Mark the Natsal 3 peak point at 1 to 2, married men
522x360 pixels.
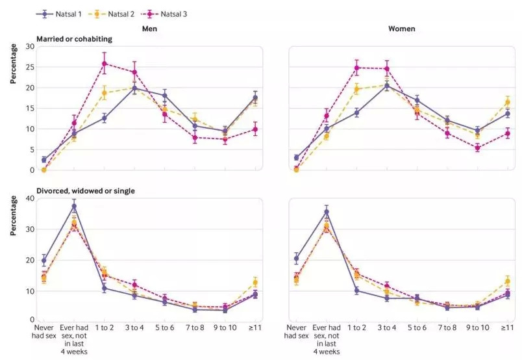(104, 64)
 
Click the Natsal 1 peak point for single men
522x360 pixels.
(74, 207)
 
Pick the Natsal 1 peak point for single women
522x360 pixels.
(327, 212)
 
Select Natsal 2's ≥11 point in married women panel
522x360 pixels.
(508, 102)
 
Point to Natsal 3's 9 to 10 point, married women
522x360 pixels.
(477, 148)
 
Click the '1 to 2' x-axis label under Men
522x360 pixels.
(104, 328)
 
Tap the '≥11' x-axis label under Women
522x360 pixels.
(508, 328)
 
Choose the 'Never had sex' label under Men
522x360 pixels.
(43, 332)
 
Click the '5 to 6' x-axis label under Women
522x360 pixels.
(417, 328)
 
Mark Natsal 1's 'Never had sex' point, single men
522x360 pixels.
(43, 261)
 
